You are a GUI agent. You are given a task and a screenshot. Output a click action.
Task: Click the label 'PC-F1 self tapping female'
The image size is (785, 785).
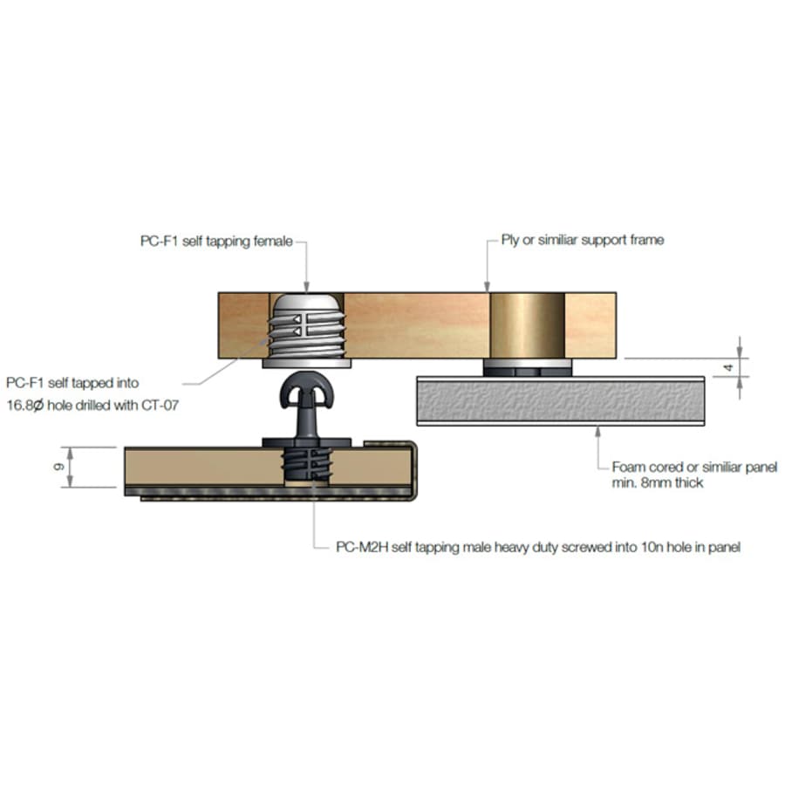[216, 242]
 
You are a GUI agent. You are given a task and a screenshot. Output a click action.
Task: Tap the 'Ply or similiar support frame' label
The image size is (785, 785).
[583, 240]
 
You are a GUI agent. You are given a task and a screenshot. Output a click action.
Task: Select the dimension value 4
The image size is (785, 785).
[729, 368]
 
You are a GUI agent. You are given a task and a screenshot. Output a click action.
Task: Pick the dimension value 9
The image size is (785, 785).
[58, 467]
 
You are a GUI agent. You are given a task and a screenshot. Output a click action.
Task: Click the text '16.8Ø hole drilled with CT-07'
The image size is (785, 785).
[92, 405]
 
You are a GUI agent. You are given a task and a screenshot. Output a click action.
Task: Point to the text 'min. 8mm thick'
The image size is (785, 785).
[658, 482]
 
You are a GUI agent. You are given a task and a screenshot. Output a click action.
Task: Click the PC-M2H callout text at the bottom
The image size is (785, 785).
[538, 547]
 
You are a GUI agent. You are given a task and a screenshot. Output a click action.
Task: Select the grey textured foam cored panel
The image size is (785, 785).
[561, 401]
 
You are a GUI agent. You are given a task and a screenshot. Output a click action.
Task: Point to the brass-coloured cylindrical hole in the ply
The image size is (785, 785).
[527, 325]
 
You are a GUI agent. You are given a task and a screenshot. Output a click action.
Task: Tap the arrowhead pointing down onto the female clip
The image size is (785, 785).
[306, 286]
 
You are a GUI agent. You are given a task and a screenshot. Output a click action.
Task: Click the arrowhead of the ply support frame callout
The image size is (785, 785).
[487, 286]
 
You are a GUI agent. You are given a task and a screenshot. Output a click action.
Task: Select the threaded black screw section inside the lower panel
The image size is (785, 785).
[306, 465]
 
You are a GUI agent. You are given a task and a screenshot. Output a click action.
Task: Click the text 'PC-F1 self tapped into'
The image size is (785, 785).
[72, 383]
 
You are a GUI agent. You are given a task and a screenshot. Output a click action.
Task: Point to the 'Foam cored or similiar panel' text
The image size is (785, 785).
[694, 468]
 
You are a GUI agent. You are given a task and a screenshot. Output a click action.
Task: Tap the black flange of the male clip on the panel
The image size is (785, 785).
[306, 442]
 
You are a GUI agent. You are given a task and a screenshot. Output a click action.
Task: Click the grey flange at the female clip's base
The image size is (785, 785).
[306, 363]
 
